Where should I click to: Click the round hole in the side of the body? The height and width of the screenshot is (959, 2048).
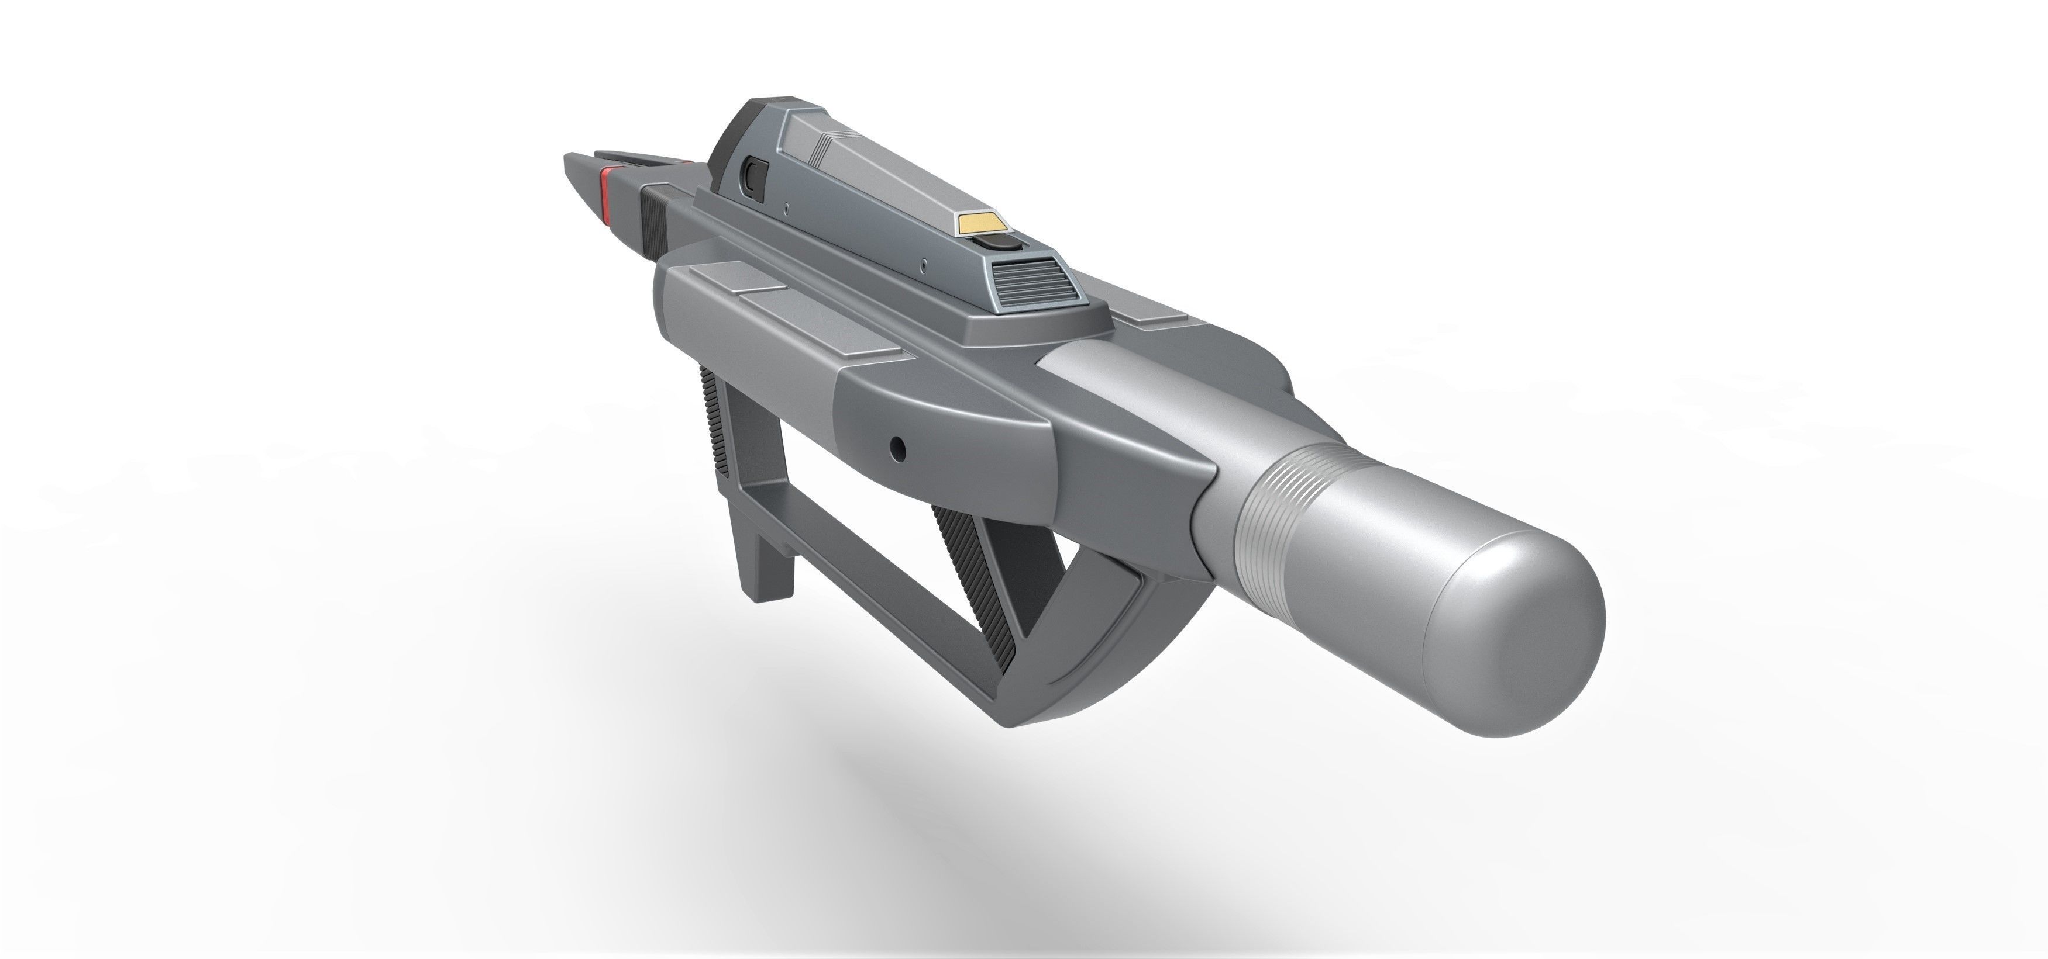[897, 449]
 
